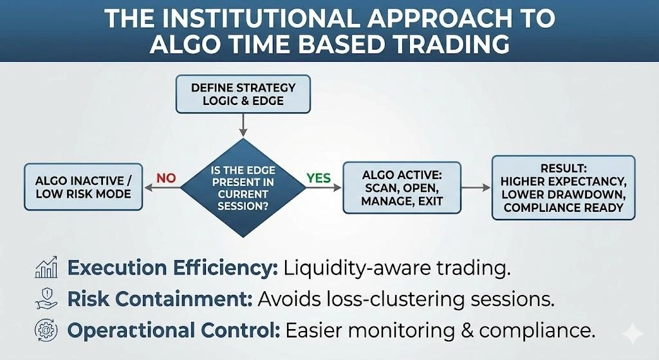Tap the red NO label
[165, 178]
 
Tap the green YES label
[319, 178]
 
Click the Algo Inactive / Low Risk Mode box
[82, 186]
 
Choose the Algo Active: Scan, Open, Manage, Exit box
[402, 187]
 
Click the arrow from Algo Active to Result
[477, 187]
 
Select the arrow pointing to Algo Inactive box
[161, 189]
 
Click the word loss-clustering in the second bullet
[402, 299]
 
